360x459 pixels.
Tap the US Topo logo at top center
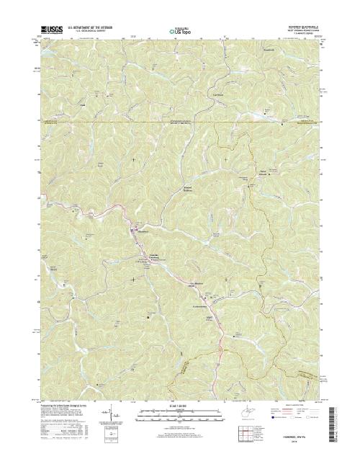point(179,32)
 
